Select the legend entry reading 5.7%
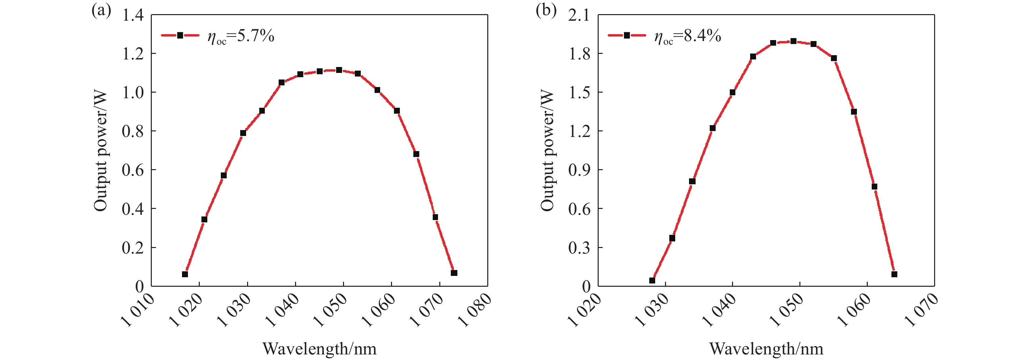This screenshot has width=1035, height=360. point(240,36)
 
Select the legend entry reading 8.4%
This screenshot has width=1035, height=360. point(687,36)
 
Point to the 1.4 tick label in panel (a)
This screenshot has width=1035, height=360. point(133,15)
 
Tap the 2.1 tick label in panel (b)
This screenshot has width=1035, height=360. point(579,15)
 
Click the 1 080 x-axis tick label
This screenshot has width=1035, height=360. point(475,309)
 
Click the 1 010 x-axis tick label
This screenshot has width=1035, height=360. point(138,309)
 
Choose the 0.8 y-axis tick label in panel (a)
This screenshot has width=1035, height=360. point(133,131)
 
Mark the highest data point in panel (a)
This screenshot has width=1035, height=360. point(339,70)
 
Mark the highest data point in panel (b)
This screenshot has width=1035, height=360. point(793,41)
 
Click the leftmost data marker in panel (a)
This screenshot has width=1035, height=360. point(185,274)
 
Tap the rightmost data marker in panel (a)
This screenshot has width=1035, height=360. point(454,273)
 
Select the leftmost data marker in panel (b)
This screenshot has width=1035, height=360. point(652,280)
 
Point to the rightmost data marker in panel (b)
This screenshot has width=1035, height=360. point(894,274)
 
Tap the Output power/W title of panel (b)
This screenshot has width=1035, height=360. point(547,151)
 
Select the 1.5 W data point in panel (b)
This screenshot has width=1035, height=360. point(732,92)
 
